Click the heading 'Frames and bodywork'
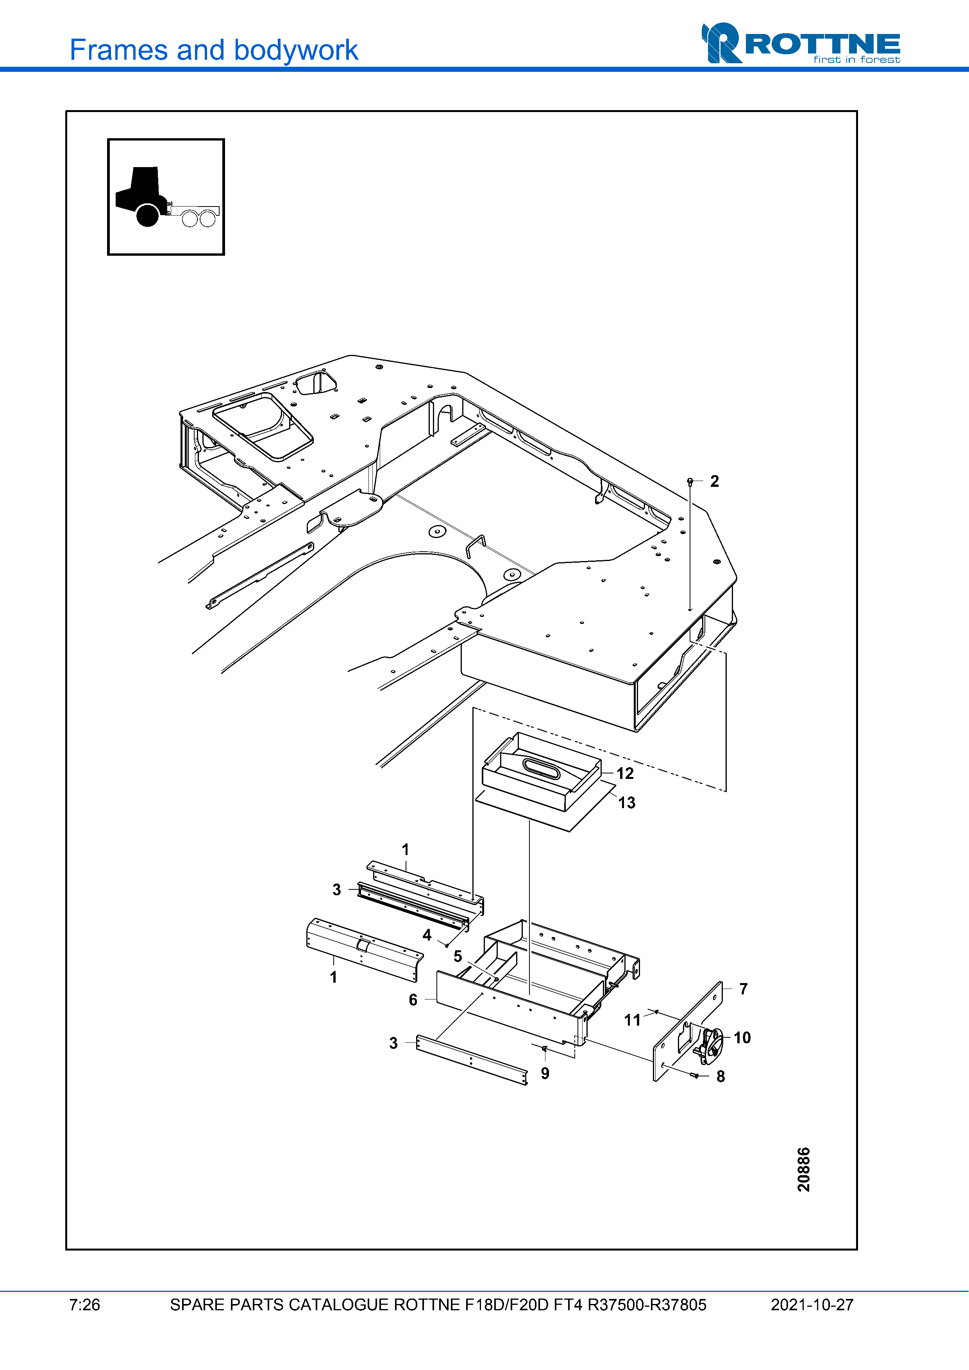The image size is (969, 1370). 214,50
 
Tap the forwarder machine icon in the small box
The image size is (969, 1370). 166,197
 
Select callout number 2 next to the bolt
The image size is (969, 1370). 714,481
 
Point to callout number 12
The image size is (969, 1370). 624,773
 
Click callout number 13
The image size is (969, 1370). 626,803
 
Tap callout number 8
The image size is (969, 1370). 720,1076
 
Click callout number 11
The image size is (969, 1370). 632,1020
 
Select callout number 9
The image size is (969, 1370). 545,1073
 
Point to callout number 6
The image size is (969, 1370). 413,999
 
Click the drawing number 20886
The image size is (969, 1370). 804,1169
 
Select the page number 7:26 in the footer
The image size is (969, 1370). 84,1305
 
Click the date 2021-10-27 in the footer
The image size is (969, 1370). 812,1305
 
